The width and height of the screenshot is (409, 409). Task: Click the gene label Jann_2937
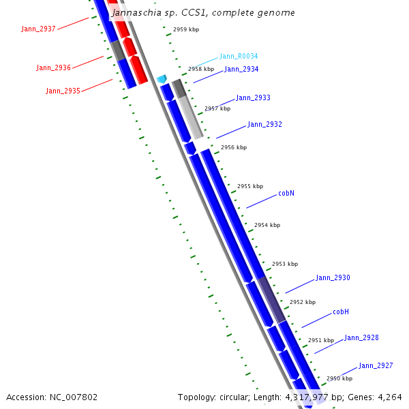[38, 29]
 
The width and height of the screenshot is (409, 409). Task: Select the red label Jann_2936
[53, 67]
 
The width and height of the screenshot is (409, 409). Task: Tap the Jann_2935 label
[63, 91]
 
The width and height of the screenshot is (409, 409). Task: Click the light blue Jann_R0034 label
[239, 56]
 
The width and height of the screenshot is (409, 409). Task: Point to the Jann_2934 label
[241, 69]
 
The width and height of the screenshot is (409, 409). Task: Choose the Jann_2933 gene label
[253, 97]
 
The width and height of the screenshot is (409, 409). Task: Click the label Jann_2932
[264, 124]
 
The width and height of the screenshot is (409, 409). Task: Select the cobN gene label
[286, 193]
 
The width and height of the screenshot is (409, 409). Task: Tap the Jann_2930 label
[333, 277]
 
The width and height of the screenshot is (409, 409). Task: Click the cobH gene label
[341, 312]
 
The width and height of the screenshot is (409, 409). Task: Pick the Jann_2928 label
[361, 337]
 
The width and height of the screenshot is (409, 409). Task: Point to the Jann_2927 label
[376, 365]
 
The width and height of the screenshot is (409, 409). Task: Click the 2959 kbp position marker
[186, 30]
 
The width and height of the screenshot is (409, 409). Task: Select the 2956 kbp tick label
[234, 147]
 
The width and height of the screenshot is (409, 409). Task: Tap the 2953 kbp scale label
[285, 264]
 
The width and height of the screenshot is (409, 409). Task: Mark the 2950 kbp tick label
[339, 378]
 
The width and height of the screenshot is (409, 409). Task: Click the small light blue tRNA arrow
[162, 79]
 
